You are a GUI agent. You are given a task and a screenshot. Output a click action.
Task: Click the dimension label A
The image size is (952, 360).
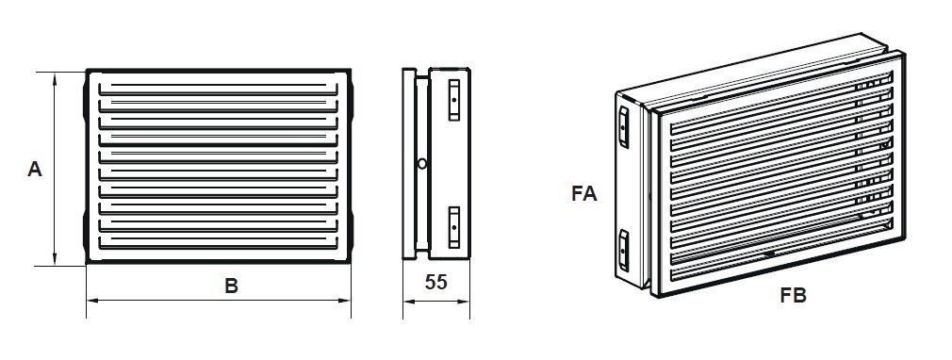pos(35,169)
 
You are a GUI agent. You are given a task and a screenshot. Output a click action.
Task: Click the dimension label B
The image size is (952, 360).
pos(231,286)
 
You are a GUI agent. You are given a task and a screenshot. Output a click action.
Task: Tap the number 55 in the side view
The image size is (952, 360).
pos(435,283)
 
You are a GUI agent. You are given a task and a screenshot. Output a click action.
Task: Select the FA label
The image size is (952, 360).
pos(584,193)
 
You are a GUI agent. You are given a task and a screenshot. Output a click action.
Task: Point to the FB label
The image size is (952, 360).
pos(794,296)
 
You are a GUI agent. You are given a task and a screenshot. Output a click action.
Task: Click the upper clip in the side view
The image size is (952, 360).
pos(454,100)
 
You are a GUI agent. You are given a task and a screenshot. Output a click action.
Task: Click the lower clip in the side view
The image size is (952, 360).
pos(454,227)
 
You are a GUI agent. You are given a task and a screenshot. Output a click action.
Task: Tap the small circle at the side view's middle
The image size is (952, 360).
pos(422,163)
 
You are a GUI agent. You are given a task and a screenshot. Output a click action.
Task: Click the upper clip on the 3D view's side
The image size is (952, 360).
pos(624,127)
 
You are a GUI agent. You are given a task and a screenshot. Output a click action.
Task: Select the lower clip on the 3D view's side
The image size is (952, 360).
pos(624,250)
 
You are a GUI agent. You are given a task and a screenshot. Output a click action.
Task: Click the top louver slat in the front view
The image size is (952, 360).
pos(218,89)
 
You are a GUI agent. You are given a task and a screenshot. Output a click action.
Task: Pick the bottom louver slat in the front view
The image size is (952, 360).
pos(218,242)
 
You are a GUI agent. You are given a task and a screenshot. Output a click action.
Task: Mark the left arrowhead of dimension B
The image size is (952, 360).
pos(92,300)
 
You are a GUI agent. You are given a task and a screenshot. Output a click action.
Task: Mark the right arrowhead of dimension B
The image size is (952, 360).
pos(346,300)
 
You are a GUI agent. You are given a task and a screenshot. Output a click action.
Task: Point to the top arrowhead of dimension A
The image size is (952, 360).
pos(55,77)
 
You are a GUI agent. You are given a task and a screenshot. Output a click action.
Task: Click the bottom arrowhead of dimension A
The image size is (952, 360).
pos(55,260)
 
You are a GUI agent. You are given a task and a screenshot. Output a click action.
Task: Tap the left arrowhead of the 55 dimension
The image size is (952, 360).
pos(409,302)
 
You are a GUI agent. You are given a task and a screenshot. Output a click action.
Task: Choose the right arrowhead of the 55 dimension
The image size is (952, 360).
pos(464,302)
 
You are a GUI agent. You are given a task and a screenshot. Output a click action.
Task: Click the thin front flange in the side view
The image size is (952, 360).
pos(409,164)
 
